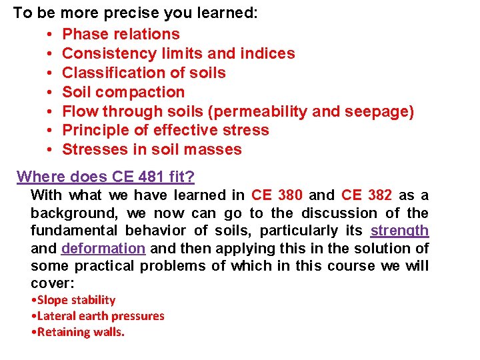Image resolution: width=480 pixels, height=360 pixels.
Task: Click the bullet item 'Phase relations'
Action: coord(121,34)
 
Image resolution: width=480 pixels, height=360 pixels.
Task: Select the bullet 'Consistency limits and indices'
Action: coord(178,53)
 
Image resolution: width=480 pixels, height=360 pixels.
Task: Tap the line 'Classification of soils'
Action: coord(143,73)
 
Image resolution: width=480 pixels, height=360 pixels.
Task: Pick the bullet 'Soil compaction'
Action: coord(123,92)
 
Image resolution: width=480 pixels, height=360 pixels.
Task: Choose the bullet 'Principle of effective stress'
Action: coord(165,130)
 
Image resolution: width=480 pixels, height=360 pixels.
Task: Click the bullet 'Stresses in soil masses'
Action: coord(151,149)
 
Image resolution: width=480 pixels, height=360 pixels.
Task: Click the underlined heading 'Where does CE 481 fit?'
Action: coord(105,177)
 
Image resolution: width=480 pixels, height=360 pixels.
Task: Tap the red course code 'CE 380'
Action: coord(277,195)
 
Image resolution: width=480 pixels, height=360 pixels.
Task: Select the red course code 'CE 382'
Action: coord(366,195)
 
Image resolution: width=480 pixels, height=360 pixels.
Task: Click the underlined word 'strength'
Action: coord(399,231)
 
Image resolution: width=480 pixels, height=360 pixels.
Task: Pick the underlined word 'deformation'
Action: coord(103,248)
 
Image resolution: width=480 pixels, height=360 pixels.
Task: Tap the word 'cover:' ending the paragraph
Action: coord(51,283)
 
